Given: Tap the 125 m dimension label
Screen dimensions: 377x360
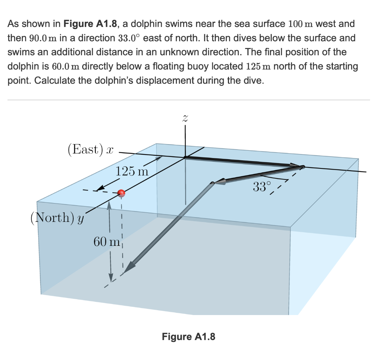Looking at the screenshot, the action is pyautogui.click(x=131, y=171).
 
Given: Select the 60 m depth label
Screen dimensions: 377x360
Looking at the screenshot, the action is pyautogui.click(x=106, y=242).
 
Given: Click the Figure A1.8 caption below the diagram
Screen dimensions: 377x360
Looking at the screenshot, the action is pyautogui.click(x=188, y=336).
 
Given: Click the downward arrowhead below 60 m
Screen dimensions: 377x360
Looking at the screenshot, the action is pyautogui.click(x=110, y=277).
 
